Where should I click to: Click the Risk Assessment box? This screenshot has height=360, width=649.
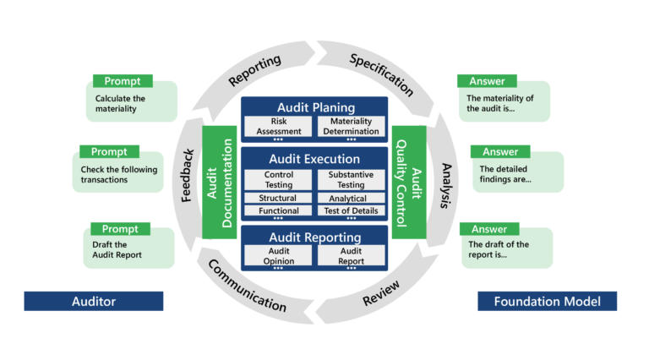(x=277, y=126)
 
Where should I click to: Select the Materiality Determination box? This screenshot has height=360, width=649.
(x=351, y=126)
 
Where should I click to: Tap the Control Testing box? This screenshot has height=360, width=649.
(x=277, y=179)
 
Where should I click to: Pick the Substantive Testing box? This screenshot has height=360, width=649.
(x=351, y=179)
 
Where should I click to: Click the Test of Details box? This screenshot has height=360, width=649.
(x=351, y=211)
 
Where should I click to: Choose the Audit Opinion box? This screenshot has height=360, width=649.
(x=277, y=256)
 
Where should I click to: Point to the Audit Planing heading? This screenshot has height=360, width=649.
(x=314, y=107)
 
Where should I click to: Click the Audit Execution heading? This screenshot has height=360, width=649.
(x=314, y=159)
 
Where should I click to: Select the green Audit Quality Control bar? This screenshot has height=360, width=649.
(x=409, y=182)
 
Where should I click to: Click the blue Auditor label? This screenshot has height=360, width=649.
(x=93, y=301)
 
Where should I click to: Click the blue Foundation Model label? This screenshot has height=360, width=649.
(x=547, y=301)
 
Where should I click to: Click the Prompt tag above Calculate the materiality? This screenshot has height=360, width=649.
(x=122, y=81)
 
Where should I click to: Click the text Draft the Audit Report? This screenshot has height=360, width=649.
(x=118, y=249)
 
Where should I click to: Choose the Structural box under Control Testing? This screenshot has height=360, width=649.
(x=277, y=199)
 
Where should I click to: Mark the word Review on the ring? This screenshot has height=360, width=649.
(x=381, y=293)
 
